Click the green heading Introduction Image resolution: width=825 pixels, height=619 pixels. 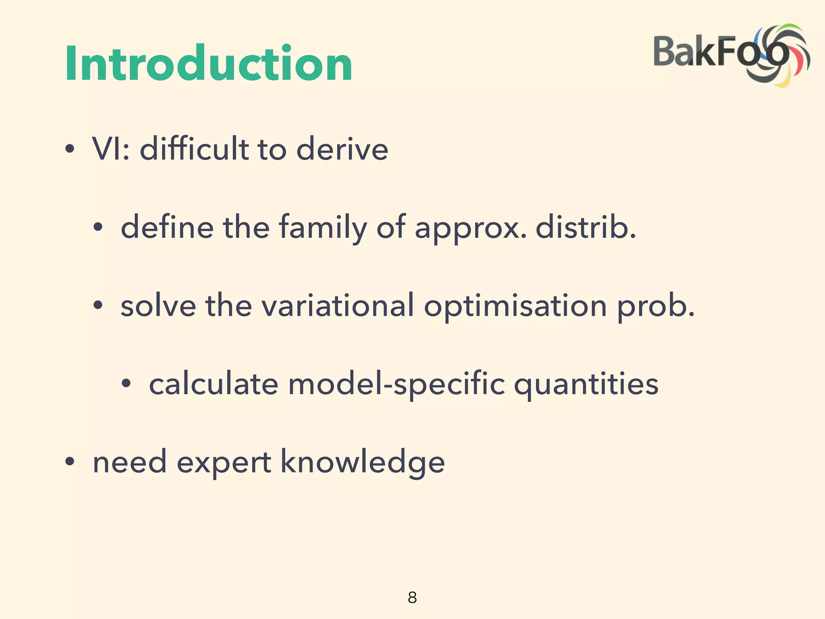coord(209,64)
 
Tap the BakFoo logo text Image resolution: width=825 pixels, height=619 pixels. coord(709,52)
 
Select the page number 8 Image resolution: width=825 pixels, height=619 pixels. coord(412,597)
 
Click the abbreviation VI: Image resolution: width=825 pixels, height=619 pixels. coord(111,149)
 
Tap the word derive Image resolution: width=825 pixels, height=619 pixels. coord(342,149)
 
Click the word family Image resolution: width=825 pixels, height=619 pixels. coord(323,228)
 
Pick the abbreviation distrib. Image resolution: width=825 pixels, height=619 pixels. coord(586,228)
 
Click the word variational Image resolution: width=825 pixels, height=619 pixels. coord(338,305)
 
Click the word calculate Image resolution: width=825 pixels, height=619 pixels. coord(214,384)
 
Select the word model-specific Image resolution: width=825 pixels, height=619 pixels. coord(396,384)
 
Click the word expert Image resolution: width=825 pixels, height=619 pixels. coord(224,463)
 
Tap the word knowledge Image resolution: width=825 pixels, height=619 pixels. coord(363,462)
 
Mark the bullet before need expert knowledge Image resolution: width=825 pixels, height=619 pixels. coord(70,462)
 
